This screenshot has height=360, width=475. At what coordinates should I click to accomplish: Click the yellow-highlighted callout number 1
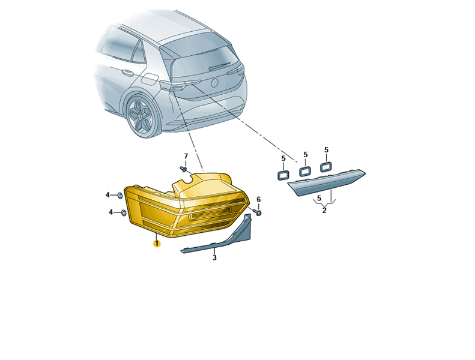(157, 243)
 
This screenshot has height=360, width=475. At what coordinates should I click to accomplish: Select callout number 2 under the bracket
(324, 211)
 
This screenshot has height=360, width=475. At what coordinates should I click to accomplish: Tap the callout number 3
(214, 257)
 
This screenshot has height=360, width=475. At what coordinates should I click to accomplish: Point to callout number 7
(186, 156)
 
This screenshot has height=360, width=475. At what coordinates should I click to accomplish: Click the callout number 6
(258, 200)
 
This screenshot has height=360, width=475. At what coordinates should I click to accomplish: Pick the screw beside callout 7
(183, 169)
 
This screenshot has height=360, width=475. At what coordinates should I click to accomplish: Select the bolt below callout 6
(258, 212)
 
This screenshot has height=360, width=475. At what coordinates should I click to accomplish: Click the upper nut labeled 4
(120, 196)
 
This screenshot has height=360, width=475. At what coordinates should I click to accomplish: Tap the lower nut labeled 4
(123, 213)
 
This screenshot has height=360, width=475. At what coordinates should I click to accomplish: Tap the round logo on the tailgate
(214, 82)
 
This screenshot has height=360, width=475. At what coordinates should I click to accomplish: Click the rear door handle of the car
(128, 73)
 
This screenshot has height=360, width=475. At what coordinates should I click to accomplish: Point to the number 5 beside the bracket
(319, 199)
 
